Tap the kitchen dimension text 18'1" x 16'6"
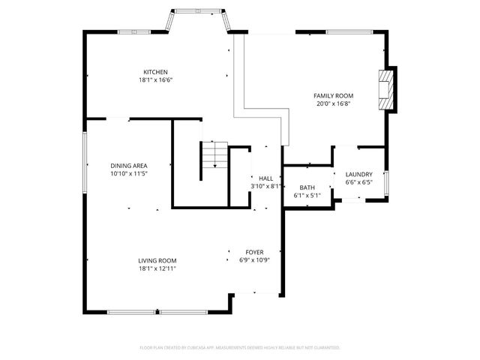[x=156, y=80]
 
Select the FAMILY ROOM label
[x=334, y=96]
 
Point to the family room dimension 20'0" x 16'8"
[x=334, y=104]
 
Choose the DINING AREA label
[x=129, y=166]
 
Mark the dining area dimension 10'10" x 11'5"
[x=129, y=174]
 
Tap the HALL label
[x=265, y=178]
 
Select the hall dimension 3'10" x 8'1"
[x=265, y=186]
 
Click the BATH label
[x=307, y=187]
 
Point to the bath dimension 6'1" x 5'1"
[x=307, y=196]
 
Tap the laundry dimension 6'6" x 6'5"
[x=358, y=181]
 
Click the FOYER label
[x=255, y=252]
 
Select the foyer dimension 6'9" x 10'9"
[x=255, y=260]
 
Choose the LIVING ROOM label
[x=157, y=260]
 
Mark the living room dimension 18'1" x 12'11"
[x=157, y=268]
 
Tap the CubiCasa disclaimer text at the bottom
[x=240, y=348]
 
